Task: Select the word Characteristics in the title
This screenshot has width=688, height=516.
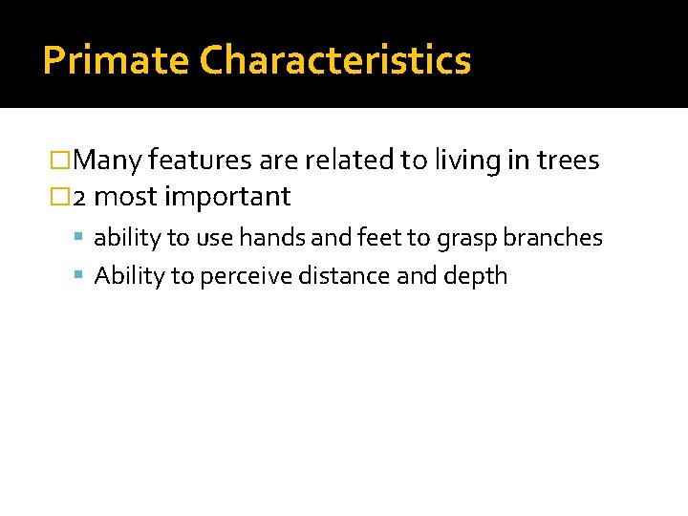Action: coord(335,61)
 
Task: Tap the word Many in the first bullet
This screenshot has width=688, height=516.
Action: coord(108,161)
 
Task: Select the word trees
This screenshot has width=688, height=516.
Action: coord(568,161)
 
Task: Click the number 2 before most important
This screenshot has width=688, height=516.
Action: coord(80,198)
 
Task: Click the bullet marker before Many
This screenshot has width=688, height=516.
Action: coord(60,161)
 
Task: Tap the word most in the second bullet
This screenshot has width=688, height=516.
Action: coord(127,198)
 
